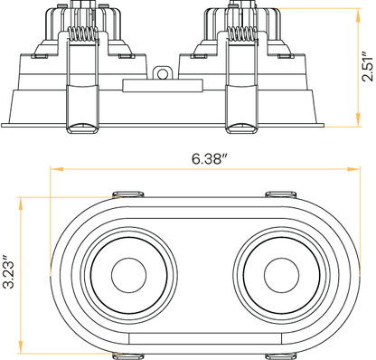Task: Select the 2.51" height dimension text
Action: pos(368,66)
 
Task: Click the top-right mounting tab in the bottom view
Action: pos(279,194)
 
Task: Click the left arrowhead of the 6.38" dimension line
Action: pos(53,169)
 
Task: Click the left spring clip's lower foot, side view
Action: pos(80,128)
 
